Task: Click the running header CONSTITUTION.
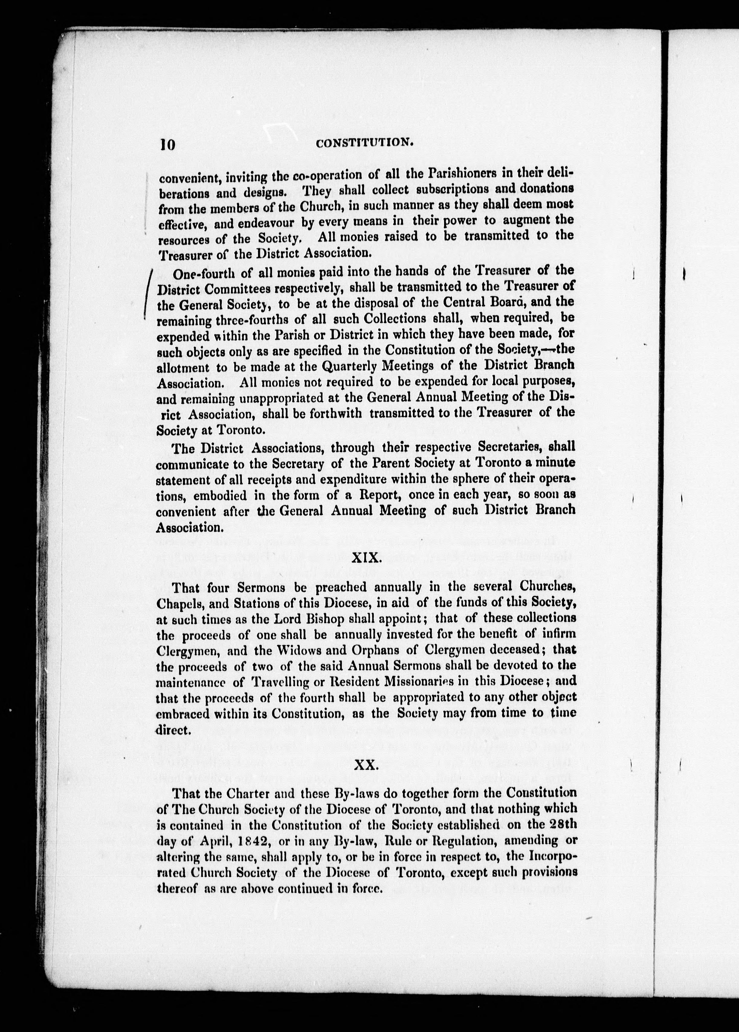point(364,143)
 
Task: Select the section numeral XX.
point(366,765)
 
